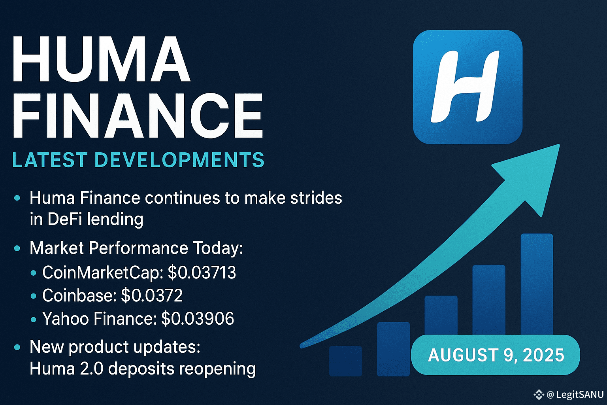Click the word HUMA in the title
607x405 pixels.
[101, 59]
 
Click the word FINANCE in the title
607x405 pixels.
[138, 115]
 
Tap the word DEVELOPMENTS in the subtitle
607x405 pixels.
[180, 160]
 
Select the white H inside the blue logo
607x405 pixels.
[465, 86]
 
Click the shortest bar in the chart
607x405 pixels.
[345, 361]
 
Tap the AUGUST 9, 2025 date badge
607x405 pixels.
[496, 355]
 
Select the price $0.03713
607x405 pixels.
[202, 273]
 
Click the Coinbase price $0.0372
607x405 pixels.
[152, 295]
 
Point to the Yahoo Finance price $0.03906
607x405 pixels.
[198, 318]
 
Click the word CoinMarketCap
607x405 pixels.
[102, 273]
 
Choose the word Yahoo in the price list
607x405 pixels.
[66, 318]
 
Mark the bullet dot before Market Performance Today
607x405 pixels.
[17, 248]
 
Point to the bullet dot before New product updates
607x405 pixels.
[17, 347]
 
